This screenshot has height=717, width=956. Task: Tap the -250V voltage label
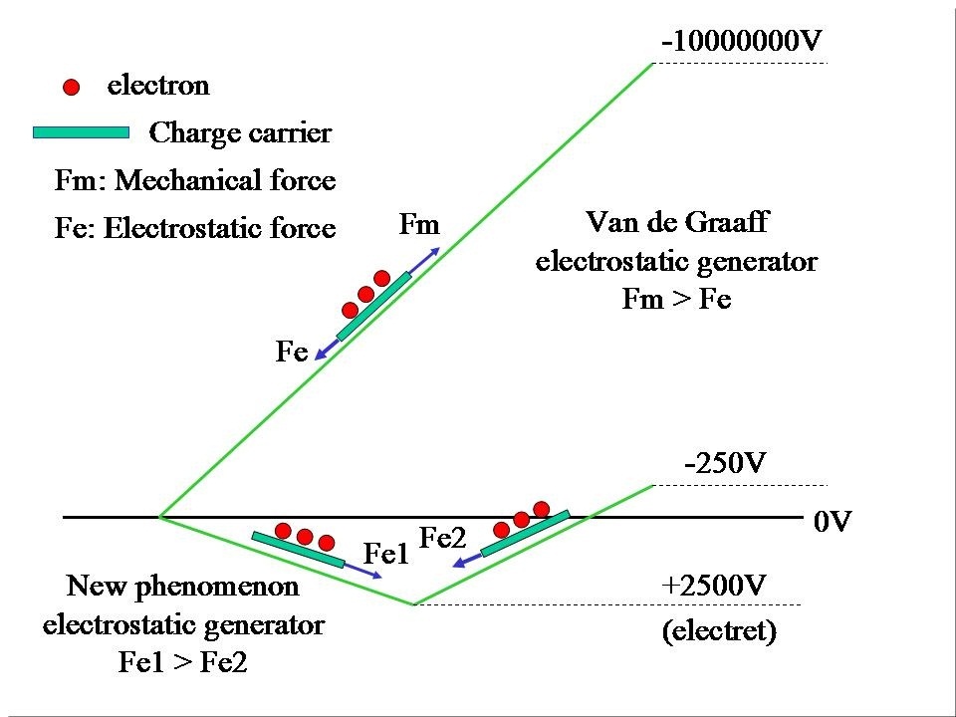(x=724, y=464)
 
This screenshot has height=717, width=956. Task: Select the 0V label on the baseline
(x=833, y=521)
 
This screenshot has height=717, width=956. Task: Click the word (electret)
(x=719, y=631)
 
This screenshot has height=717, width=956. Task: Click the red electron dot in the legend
(x=71, y=88)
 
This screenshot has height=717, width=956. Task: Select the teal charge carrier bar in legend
(x=81, y=132)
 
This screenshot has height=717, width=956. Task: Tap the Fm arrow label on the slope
(x=418, y=225)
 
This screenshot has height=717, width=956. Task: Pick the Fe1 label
(x=386, y=555)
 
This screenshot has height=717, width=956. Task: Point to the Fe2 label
(x=443, y=538)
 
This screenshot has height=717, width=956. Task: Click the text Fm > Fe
(x=676, y=299)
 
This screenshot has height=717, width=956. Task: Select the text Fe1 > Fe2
(x=182, y=663)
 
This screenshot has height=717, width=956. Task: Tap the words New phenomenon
(x=182, y=586)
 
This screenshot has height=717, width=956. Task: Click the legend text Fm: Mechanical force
(x=195, y=181)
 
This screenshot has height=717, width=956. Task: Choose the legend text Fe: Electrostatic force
(x=195, y=229)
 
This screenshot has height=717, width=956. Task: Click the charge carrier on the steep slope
(x=373, y=306)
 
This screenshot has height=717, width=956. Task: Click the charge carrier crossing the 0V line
(x=525, y=534)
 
